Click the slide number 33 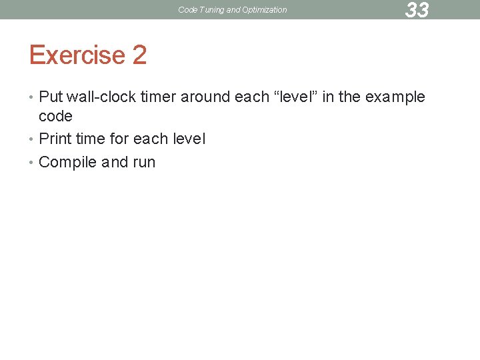(417, 10)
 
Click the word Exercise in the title (77, 55)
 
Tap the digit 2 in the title (139, 55)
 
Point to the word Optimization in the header (263, 10)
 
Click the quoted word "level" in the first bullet (289, 97)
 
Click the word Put (51, 97)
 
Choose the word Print (55, 139)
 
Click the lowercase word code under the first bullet (55, 116)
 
